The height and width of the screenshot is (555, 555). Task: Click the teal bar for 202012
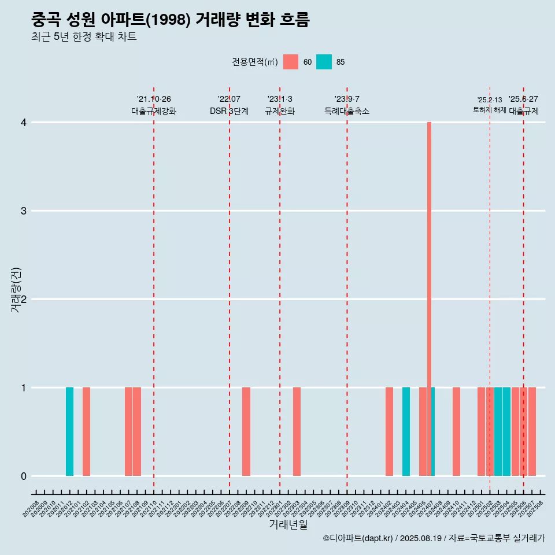(69, 431)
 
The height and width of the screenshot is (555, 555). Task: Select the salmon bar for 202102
(86, 431)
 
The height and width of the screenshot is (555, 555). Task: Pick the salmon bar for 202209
(246, 431)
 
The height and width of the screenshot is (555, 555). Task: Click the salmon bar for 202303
(297, 431)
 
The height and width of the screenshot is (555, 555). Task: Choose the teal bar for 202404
(406, 431)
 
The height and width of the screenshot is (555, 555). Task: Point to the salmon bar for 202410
(456, 431)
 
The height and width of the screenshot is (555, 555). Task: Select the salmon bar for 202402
(389, 431)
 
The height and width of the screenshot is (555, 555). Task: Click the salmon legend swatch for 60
(291, 62)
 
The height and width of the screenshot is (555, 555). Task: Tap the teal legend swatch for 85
(324, 62)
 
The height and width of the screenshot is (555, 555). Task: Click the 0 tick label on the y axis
(24, 476)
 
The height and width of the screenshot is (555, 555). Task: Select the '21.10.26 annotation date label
(154, 99)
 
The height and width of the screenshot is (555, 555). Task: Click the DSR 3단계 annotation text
(229, 111)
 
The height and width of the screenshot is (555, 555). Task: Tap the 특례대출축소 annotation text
(347, 111)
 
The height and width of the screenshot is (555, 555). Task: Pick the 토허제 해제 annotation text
(490, 110)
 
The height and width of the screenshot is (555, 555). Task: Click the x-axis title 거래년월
(288, 524)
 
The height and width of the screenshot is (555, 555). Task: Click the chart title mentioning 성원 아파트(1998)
(171, 20)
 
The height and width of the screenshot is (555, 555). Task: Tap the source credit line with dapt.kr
(434, 539)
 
